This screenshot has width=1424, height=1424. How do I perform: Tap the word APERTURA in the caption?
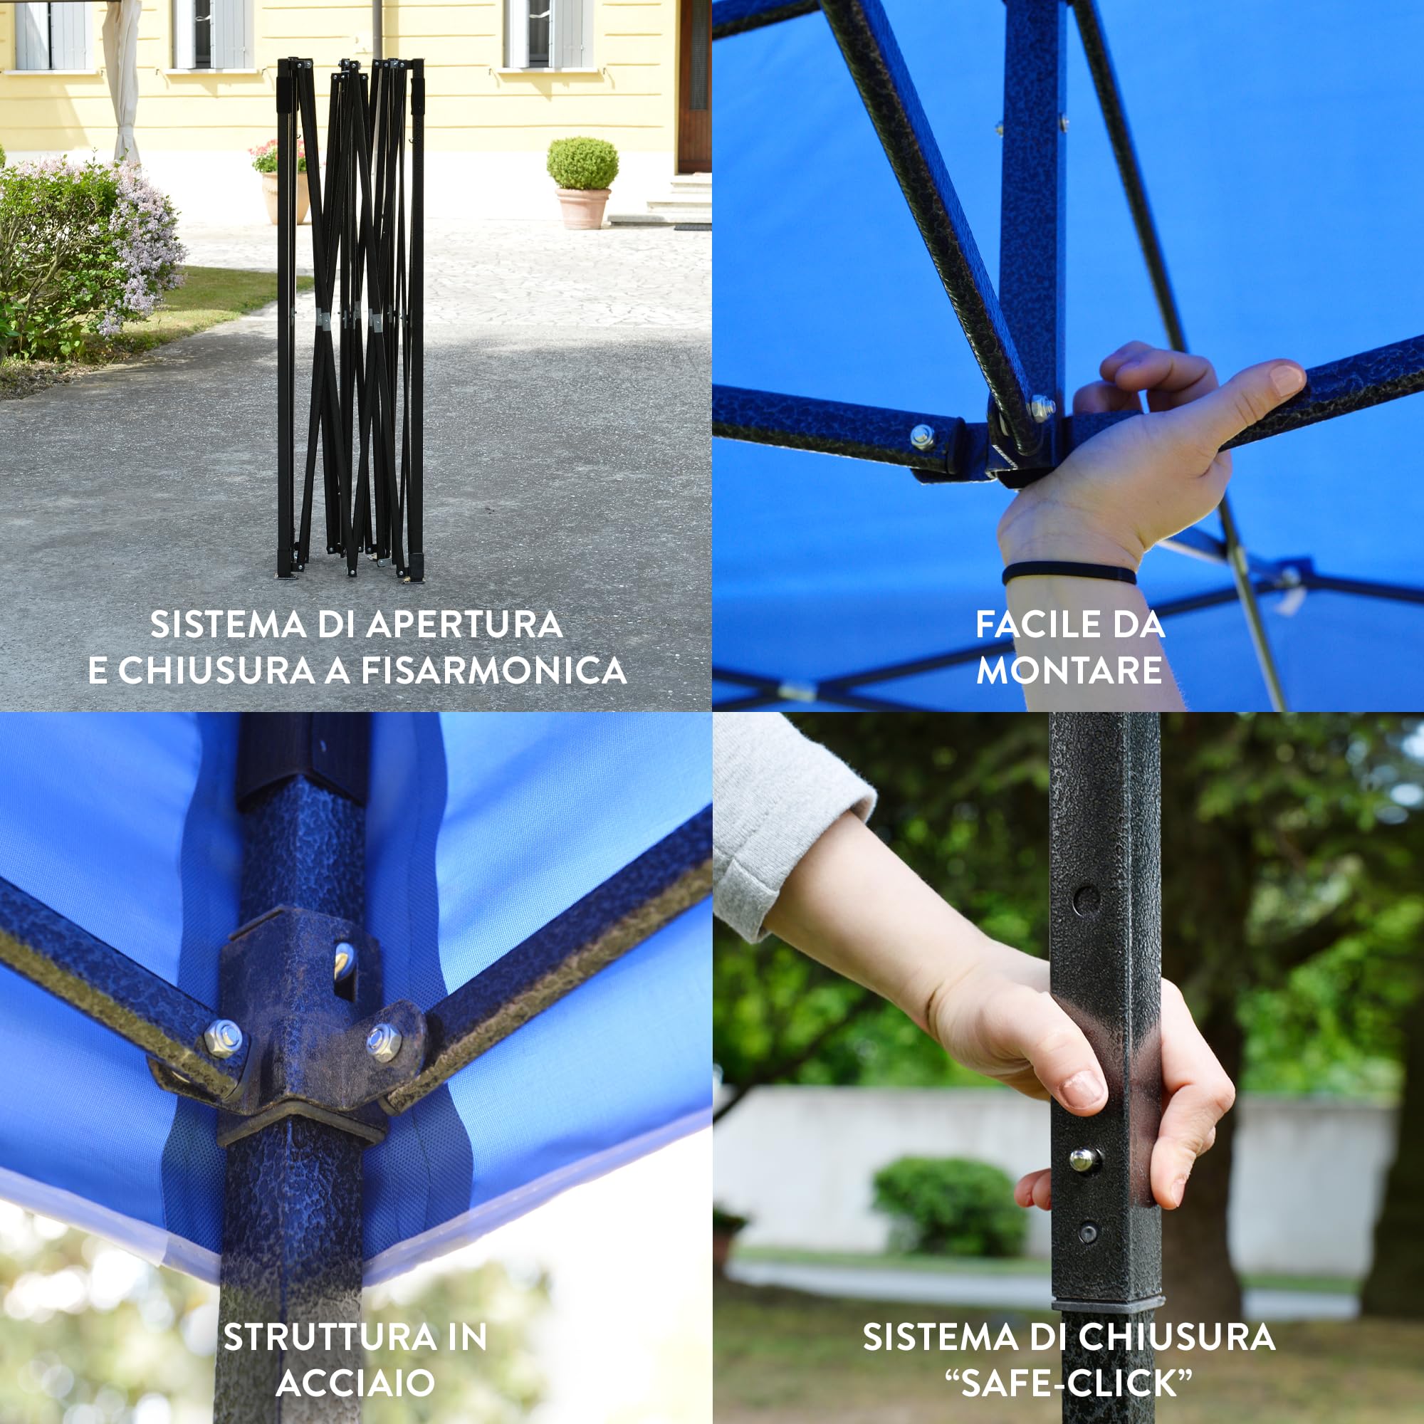coord(464,624)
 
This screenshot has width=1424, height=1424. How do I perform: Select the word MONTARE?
coord(1069,670)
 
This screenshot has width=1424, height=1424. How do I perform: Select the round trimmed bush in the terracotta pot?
coord(582,164)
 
